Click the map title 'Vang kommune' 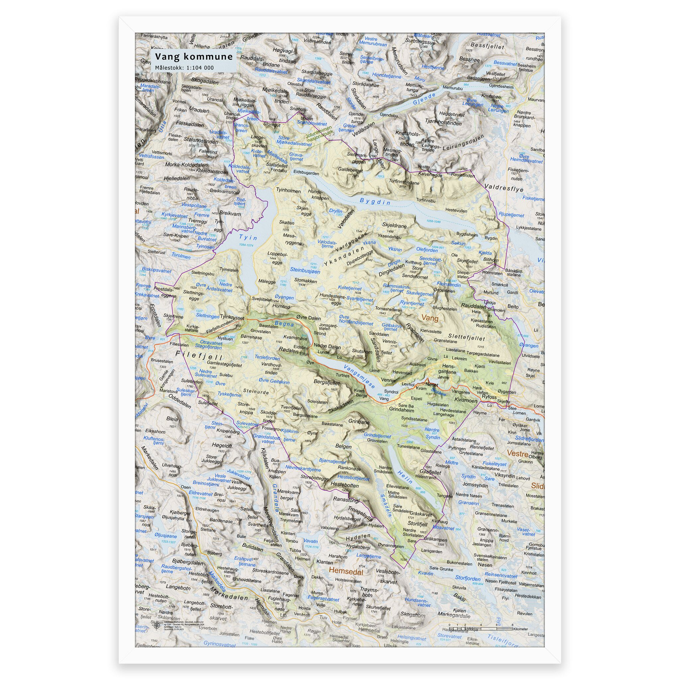194,57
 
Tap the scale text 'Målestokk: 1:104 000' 184,68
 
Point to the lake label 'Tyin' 248,238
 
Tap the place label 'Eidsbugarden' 306,174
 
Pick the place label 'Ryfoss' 489,397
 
